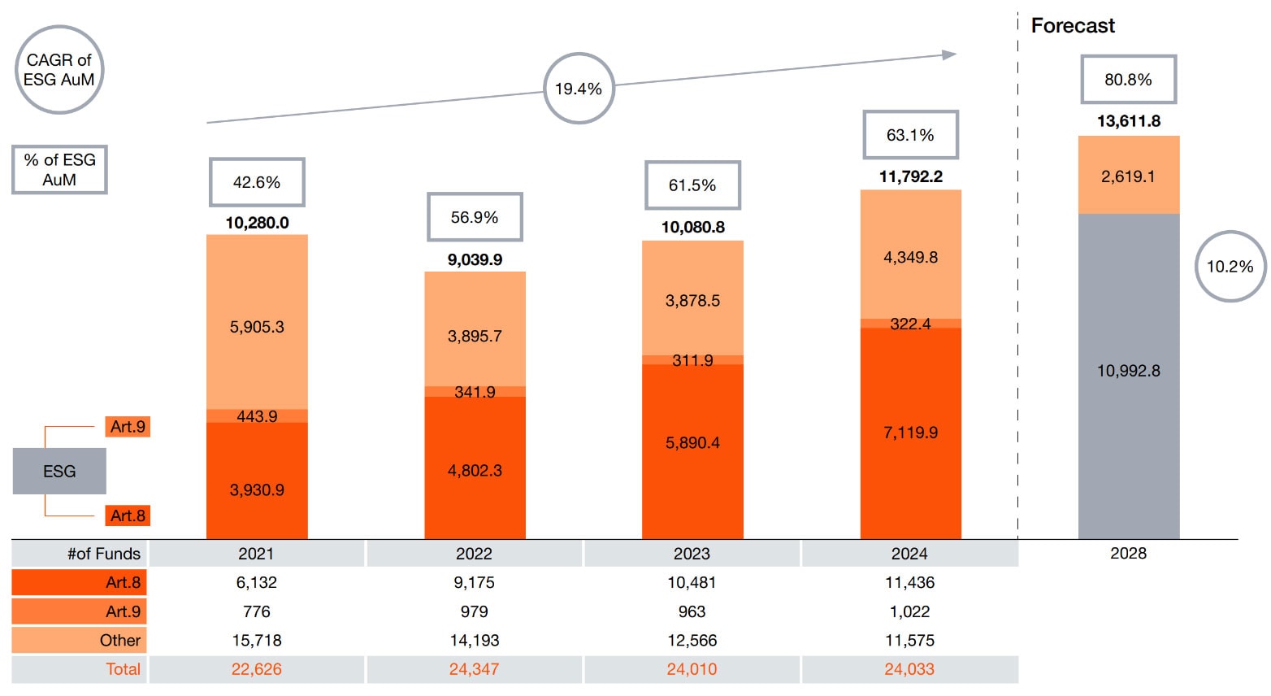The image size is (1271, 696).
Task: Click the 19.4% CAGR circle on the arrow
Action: point(578,89)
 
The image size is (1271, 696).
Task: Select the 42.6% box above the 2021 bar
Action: point(257,182)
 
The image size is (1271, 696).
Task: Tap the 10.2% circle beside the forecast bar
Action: point(1230,267)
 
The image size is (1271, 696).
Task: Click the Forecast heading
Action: point(1073,26)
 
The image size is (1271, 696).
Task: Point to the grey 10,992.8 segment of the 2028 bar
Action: point(1128,371)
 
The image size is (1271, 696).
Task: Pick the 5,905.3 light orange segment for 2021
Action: point(257,327)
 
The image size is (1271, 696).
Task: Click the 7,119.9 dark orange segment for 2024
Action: point(910,433)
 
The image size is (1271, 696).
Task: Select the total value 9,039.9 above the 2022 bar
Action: point(475,259)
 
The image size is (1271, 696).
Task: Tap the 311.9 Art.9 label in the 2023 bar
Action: point(692,360)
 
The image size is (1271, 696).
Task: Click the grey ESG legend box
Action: point(59,471)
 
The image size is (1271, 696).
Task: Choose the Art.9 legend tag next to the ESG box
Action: point(128,427)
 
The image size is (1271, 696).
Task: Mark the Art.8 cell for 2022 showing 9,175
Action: point(475,582)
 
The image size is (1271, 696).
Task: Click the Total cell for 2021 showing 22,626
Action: point(257,669)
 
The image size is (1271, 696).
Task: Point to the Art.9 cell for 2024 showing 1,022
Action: point(909,611)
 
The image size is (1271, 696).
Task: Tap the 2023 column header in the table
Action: point(692,554)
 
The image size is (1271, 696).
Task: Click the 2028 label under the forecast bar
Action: point(1128,553)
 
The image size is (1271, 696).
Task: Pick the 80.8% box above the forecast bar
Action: point(1128,80)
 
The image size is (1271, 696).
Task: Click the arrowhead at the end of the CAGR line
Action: point(949,54)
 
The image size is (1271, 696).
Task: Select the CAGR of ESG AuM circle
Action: point(59,70)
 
